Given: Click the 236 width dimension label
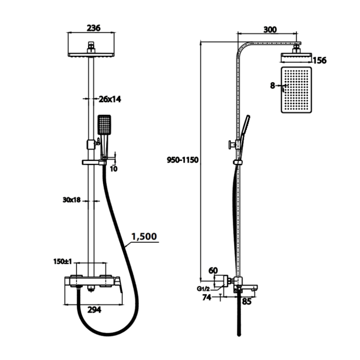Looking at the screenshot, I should coord(93,28).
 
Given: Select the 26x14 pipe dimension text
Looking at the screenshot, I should coord(109,99).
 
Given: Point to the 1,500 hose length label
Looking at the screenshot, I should coord(144,237).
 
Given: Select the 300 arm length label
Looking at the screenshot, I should coord(270,30).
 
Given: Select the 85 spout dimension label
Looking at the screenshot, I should coord(247,302).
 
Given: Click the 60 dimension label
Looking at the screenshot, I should coord(213,270).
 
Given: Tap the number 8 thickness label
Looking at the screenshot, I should coord(272,86).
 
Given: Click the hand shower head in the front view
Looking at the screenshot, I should coord(104,125).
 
